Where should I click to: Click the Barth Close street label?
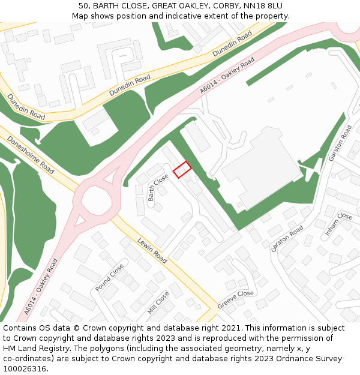pyautogui.click(x=158, y=187)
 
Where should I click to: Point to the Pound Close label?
pyautogui.click(x=109, y=277)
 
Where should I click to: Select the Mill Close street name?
pyautogui.click(x=158, y=303)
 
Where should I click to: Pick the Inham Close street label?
pyautogui.click(x=338, y=224)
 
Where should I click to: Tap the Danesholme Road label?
pyautogui.click(x=31, y=154)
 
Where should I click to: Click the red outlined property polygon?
pyautogui.click(x=182, y=170)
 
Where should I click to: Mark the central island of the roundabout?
pyautogui.click(x=96, y=200)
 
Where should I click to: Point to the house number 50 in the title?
pyautogui.click(x=84, y=6)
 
